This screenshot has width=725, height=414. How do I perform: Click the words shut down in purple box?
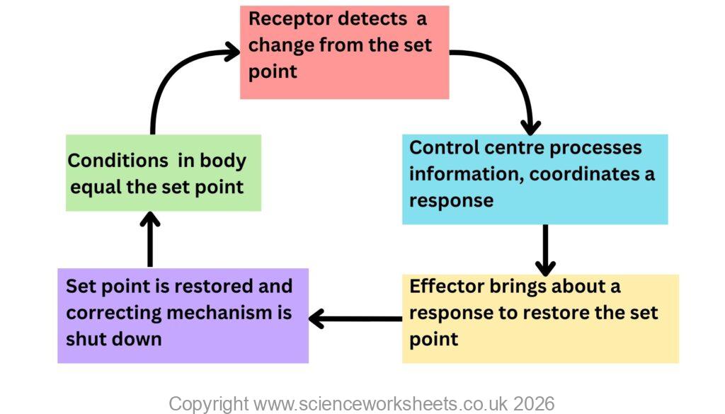[x=113, y=339]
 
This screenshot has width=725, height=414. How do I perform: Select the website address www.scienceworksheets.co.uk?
[x=379, y=404]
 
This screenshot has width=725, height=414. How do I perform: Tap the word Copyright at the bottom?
[x=209, y=404]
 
